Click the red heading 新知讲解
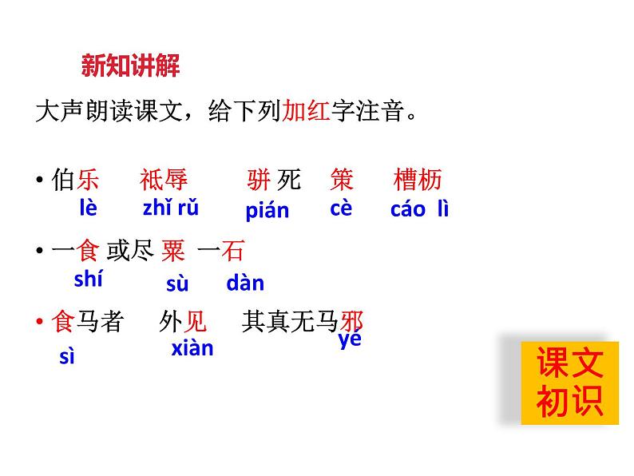coord(131,65)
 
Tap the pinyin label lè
coord(88,208)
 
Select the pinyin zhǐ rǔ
coord(170,208)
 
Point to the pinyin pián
coord(267,211)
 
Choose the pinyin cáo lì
coord(419,209)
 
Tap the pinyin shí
coord(88,280)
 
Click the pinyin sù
coord(177,284)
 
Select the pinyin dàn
coord(245,283)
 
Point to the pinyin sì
coord(67,356)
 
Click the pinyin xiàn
coord(192,348)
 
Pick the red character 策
coord(342,180)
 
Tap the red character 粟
coord(173,252)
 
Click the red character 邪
coord(351,322)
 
